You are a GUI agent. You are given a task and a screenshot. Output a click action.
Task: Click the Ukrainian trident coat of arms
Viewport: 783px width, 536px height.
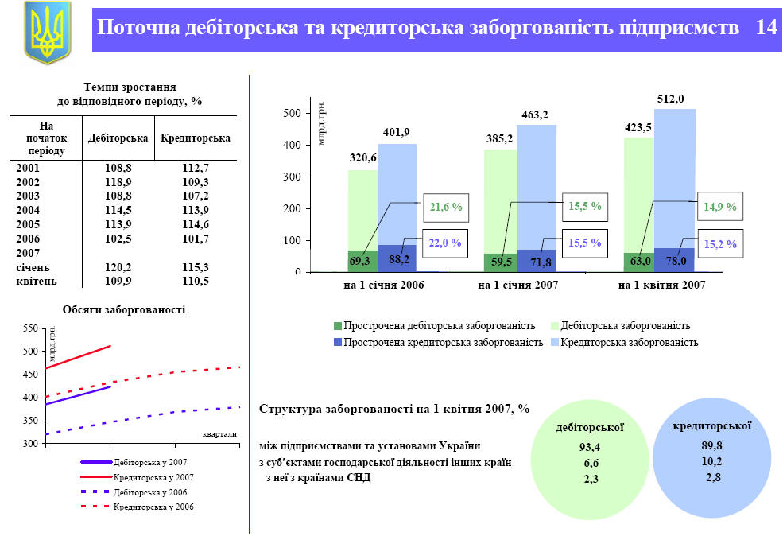(48, 33)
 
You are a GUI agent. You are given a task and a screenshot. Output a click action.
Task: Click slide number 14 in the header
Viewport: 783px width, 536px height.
(766, 28)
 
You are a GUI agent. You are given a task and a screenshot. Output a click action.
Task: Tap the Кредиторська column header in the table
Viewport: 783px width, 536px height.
(196, 138)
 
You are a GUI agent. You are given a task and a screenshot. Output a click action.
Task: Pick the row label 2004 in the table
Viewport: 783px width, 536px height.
(28, 209)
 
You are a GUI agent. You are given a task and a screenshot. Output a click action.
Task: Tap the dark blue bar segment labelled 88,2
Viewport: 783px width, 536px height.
(397, 258)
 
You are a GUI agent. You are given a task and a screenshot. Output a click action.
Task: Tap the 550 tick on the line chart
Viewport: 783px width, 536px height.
(31, 328)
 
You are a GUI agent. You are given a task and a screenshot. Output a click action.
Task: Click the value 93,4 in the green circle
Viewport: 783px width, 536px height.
(589, 447)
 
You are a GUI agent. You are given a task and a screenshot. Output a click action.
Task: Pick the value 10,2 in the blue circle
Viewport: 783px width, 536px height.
(713, 461)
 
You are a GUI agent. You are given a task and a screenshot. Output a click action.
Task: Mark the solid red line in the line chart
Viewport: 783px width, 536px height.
(79, 357)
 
